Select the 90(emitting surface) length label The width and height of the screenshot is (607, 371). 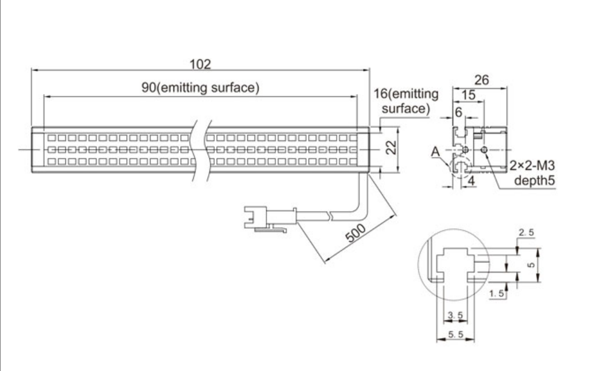tap(201, 88)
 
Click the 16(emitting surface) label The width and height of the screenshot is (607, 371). tap(406, 101)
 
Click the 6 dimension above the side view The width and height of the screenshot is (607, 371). tap(458, 112)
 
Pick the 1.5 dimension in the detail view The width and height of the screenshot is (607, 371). tap(497, 293)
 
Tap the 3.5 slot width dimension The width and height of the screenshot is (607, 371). tap(455, 313)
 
